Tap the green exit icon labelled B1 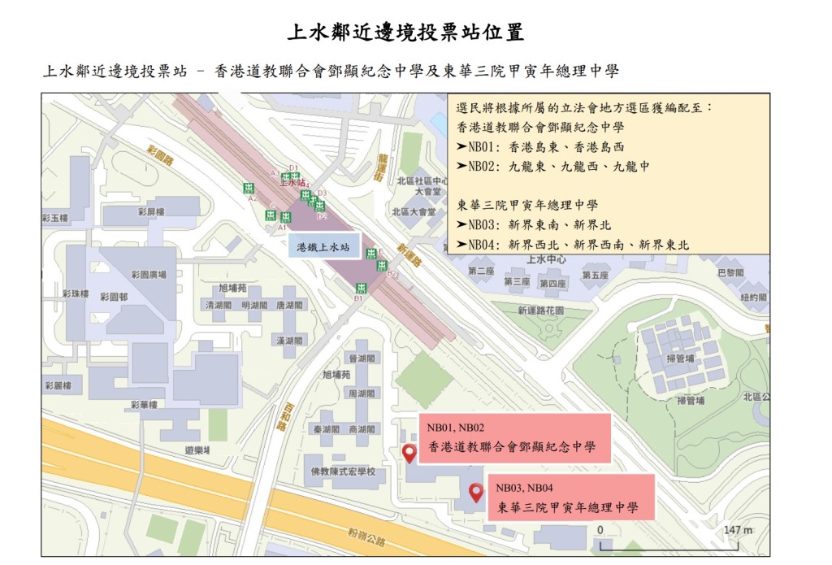point(361,289)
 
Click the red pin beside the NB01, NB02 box point(409,454)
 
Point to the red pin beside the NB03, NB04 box point(476,491)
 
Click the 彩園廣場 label point(149,275)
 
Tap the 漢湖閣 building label point(290,341)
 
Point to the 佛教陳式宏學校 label point(343,472)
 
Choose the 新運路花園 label point(540,311)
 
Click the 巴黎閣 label point(730,273)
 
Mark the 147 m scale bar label point(738,530)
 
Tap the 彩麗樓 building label point(58,385)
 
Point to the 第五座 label point(595,276)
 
